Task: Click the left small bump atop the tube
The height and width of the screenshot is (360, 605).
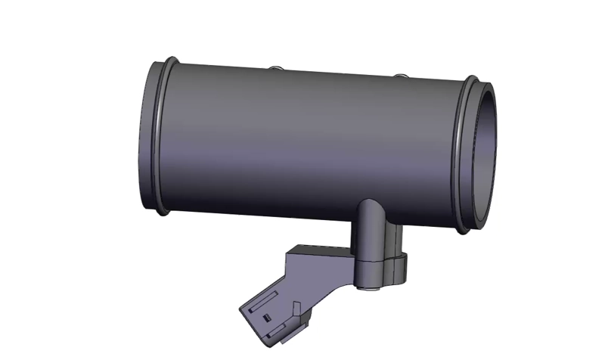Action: pyautogui.click(x=278, y=69)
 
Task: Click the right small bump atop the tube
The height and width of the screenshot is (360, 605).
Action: pyautogui.click(x=400, y=76)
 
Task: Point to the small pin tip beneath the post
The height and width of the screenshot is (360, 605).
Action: pyautogui.click(x=371, y=287)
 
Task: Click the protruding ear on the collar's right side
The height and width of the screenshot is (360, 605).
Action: pyautogui.click(x=401, y=265)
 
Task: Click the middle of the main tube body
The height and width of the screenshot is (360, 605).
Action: pyautogui.click(x=310, y=140)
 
